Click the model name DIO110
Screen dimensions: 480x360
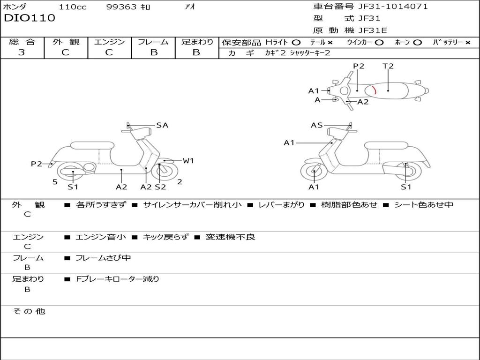pos(30,18)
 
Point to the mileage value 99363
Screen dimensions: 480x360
pos(121,7)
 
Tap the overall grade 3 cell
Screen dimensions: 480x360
pos(22,52)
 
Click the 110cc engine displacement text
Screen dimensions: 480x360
pos(73,7)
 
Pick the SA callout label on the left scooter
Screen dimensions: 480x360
pos(162,125)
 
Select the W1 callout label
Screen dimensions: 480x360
pos(188,161)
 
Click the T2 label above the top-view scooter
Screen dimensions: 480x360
pos(388,66)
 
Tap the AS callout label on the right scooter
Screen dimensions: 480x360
pos(317,125)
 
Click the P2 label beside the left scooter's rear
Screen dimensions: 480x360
pos(37,164)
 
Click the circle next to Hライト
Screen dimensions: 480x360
pos(296,42)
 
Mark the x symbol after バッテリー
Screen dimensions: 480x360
pos(468,42)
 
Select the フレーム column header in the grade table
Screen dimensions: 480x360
pos(154,42)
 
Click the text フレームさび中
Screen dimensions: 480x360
pos(103,258)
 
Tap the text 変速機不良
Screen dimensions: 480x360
pos(230,237)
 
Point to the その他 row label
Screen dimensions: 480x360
pos(29,311)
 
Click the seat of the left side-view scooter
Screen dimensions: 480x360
pos(92,145)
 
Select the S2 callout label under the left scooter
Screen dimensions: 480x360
pos(160,187)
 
